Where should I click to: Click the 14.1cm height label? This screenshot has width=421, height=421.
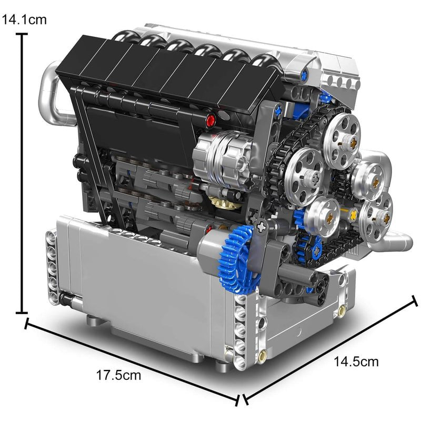point(24,20)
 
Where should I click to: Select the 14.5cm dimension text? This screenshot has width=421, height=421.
point(356,362)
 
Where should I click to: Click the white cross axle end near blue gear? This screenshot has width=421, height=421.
point(262,226)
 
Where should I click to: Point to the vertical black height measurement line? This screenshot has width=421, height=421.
point(23,174)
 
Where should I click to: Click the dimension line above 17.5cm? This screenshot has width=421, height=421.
point(132,361)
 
